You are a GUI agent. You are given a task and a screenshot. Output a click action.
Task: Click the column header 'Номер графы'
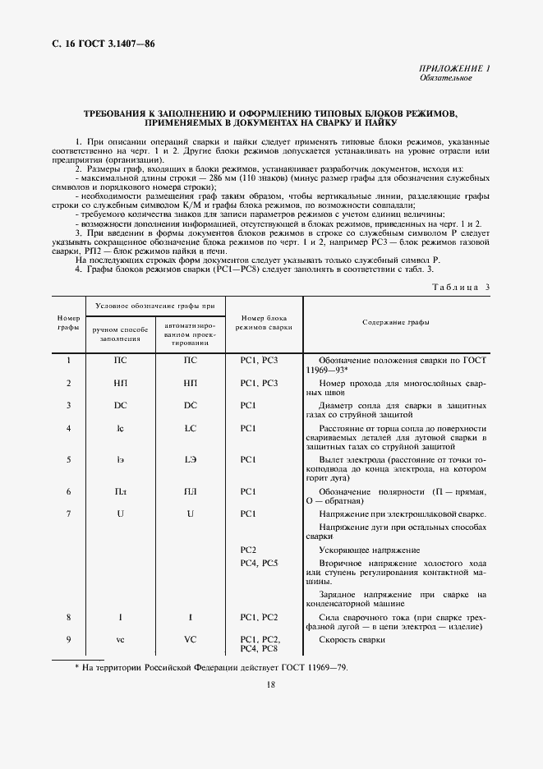pos(67,322)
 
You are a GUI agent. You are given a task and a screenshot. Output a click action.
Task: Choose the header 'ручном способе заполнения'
pos(119,334)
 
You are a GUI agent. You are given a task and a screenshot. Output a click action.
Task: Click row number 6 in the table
pos(68,491)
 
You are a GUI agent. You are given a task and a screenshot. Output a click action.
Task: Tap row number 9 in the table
pos(68,639)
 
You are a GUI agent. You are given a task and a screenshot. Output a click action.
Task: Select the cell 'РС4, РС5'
pos(260,563)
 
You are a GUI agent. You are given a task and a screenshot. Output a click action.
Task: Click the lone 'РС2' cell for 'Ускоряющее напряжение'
pos(249,550)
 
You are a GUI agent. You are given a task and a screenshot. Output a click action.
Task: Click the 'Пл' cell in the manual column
pos(120,491)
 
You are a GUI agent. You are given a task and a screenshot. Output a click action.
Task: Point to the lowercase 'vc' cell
pos(120,639)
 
